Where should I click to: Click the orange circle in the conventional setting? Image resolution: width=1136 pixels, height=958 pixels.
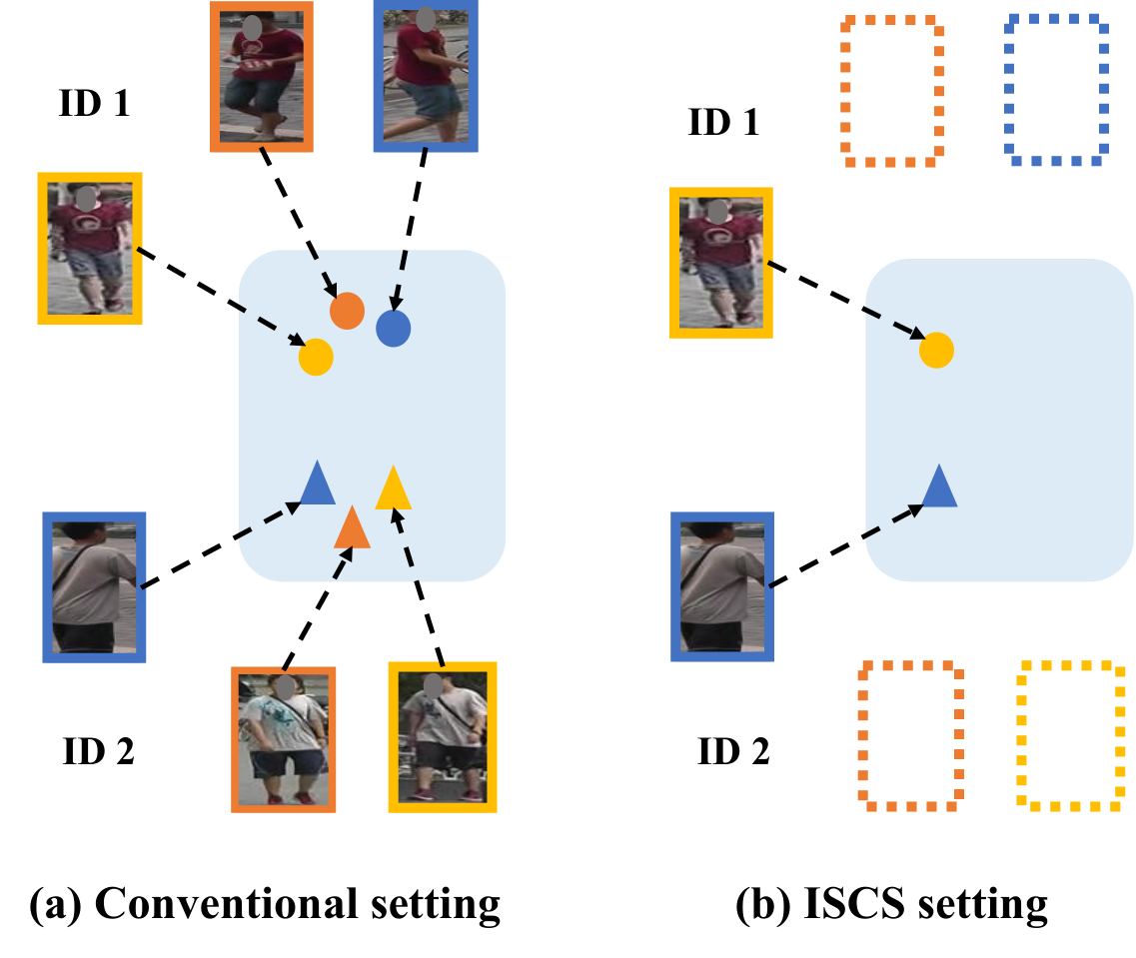347,311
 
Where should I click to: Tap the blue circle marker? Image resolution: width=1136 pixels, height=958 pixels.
394,329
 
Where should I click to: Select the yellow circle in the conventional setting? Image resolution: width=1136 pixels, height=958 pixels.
316,357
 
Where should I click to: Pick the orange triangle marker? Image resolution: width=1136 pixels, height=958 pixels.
352,527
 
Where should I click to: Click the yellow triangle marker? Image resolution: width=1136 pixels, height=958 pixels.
394,488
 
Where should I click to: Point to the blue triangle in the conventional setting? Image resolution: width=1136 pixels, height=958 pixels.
318,482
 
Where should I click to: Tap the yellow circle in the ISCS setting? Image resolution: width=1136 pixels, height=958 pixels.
937,351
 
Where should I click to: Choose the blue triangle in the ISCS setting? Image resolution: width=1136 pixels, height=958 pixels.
939,486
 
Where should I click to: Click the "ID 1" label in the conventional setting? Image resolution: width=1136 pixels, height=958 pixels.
94,103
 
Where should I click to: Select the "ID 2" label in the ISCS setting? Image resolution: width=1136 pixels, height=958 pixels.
733,751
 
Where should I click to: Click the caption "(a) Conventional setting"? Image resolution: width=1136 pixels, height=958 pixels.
265,904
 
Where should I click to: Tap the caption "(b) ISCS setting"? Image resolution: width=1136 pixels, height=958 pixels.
892,904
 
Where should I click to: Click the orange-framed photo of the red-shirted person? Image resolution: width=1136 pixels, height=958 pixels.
262,77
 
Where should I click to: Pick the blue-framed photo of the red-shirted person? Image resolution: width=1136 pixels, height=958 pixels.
426,76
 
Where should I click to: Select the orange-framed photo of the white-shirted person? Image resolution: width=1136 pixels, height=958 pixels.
284,739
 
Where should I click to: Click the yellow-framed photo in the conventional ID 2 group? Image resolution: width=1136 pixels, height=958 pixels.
443,737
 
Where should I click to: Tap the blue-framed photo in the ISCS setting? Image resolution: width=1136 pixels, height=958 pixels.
722,586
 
